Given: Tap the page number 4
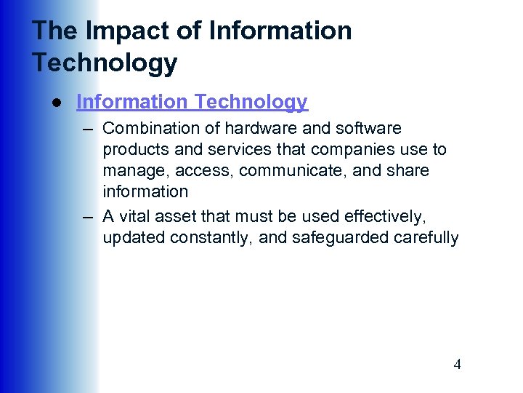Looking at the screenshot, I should point(457,365).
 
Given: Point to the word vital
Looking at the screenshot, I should point(132,217).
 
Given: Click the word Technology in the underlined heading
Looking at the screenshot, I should point(251,103).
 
